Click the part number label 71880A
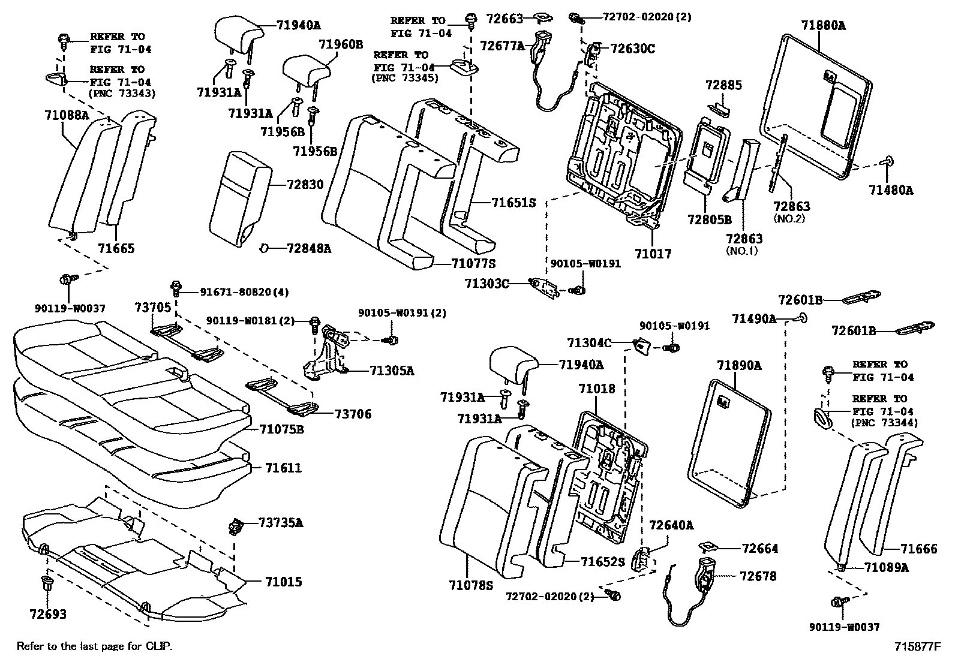(823, 25)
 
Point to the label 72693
(47, 614)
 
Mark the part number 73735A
(281, 523)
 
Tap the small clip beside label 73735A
(234, 526)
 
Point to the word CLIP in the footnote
(158, 646)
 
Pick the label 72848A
(309, 248)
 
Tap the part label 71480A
(891, 190)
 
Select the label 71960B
(341, 44)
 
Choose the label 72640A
(671, 525)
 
